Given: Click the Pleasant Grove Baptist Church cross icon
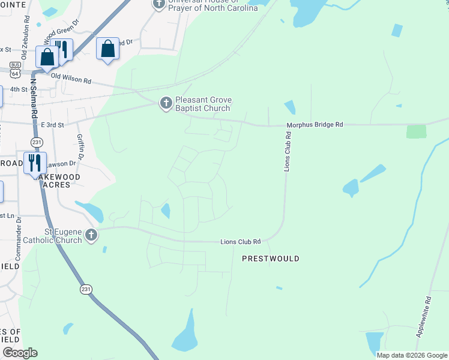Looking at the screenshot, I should pos(166,104).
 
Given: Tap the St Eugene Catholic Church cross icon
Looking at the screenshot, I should pos(91,235).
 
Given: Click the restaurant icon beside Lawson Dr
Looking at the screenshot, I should pos(34,163).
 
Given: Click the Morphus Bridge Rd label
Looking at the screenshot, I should pos(315,124).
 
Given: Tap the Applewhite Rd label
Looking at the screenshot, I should pos(428,317).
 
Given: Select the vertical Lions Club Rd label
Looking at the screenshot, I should pos(288,153).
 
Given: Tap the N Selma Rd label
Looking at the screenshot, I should pos(34,98).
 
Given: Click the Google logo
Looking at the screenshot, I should pos(20,353).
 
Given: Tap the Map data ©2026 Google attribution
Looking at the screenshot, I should pos(412,355).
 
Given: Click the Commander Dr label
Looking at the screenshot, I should pos(19,230).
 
